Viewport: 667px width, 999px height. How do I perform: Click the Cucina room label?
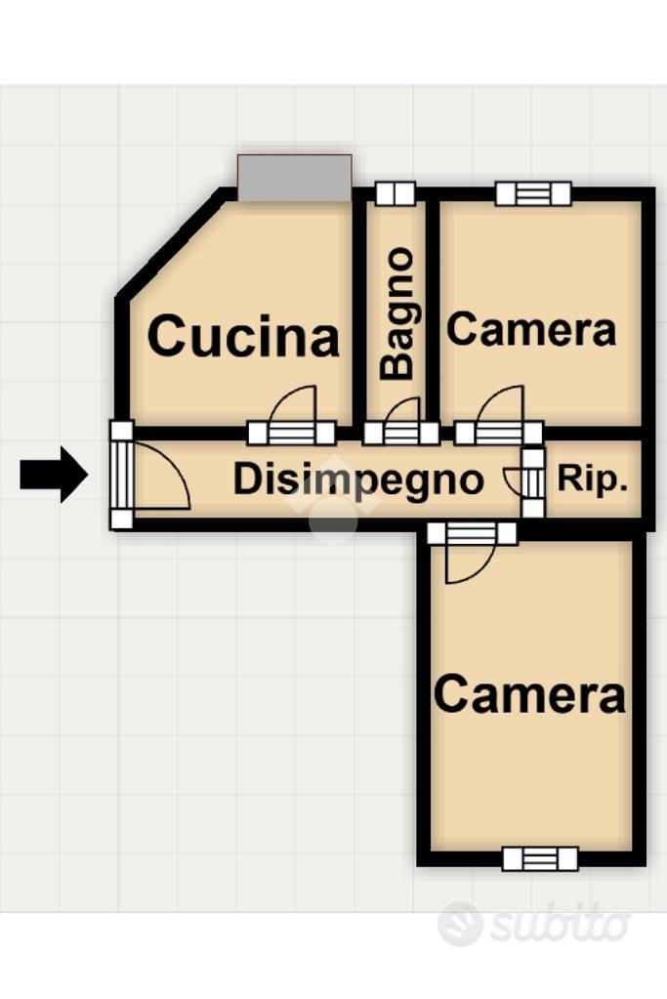tap(243, 336)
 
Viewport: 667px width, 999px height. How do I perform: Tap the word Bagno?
tap(397, 314)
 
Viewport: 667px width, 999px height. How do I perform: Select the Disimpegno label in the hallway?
tap(358, 479)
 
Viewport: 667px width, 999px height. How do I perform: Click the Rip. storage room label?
tap(593, 478)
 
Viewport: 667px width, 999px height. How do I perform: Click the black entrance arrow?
tap(54, 475)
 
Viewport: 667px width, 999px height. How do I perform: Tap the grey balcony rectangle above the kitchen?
tap(294, 178)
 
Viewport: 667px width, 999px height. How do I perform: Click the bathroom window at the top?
tap(396, 193)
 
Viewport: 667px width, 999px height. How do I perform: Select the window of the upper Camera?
tap(533, 193)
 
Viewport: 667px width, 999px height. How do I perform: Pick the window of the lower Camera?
tap(540, 858)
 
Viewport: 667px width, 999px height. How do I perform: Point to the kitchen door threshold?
tap(291, 434)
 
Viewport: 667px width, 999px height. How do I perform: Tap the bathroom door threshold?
tap(401, 434)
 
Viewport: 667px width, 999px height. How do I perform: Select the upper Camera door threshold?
tap(499, 434)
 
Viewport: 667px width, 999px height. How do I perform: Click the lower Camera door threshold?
tap(472, 533)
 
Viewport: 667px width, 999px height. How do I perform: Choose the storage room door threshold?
tap(534, 482)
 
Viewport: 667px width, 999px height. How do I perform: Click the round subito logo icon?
tap(460, 922)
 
